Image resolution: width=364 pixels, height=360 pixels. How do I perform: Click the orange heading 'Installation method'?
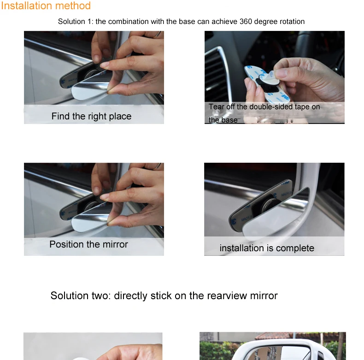[46, 6]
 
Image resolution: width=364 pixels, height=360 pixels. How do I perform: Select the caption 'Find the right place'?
[92, 116]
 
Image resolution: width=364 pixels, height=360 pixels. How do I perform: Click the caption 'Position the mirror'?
[88, 244]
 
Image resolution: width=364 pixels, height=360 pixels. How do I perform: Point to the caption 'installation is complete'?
[267, 248]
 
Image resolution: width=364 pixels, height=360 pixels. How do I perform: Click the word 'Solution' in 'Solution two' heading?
[70, 295]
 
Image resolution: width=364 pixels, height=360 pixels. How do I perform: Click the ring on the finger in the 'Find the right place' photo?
[158, 35]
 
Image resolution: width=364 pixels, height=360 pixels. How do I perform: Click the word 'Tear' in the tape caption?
[216, 106]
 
